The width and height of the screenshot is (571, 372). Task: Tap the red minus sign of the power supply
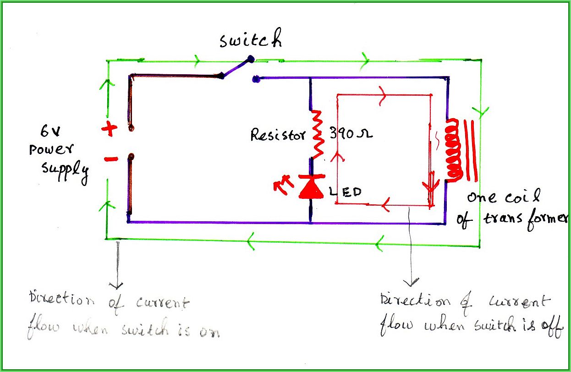click(x=110, y=159)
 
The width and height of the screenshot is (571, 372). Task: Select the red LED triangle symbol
click(x=312, y=187)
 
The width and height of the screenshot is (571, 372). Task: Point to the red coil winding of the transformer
click(x=453, y=151)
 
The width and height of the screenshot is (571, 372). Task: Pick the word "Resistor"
click(x=277, y=135)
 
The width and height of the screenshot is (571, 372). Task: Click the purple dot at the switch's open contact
click(x=255, y=80)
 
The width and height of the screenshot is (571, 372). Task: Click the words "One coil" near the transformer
click(x=502, y=198)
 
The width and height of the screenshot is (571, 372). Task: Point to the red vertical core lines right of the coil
click(x=471, y=150)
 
